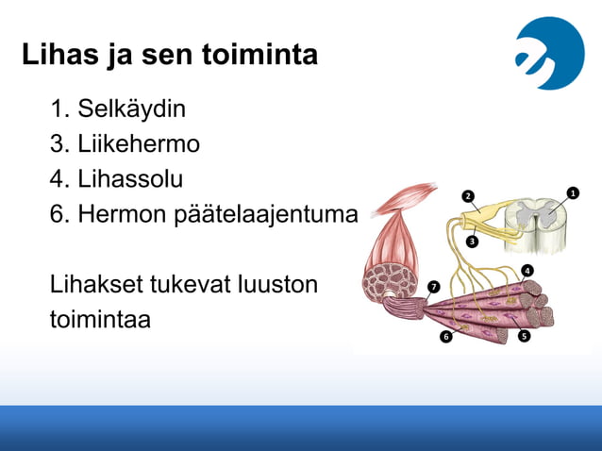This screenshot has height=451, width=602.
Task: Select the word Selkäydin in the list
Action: (131, 109)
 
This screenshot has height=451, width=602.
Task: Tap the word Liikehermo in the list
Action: (139, 144)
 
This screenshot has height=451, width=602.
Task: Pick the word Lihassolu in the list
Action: (130, 179)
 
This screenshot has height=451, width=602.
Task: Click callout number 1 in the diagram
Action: (573, 192)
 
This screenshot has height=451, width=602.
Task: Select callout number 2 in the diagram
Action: (467, 196)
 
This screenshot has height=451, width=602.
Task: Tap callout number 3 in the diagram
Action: (472, 242)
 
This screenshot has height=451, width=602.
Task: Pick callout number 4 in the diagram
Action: (527, 271)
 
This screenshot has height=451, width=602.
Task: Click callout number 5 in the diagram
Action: (524, 335)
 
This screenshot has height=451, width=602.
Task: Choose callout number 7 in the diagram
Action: (433, 286)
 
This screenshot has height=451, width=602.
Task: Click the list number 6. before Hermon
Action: (60, 215)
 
